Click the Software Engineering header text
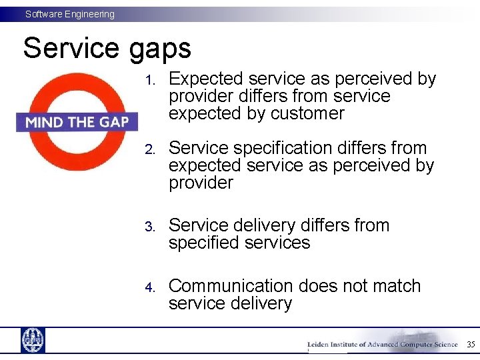[70, 14]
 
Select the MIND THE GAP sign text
[77, 122]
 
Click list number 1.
[150, 81]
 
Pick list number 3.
[150, 227]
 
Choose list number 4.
[150, 287]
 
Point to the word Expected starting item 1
[206, 79]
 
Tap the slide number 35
[470, 345]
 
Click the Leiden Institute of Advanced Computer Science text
[382, 345]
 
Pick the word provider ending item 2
[201, 183]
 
